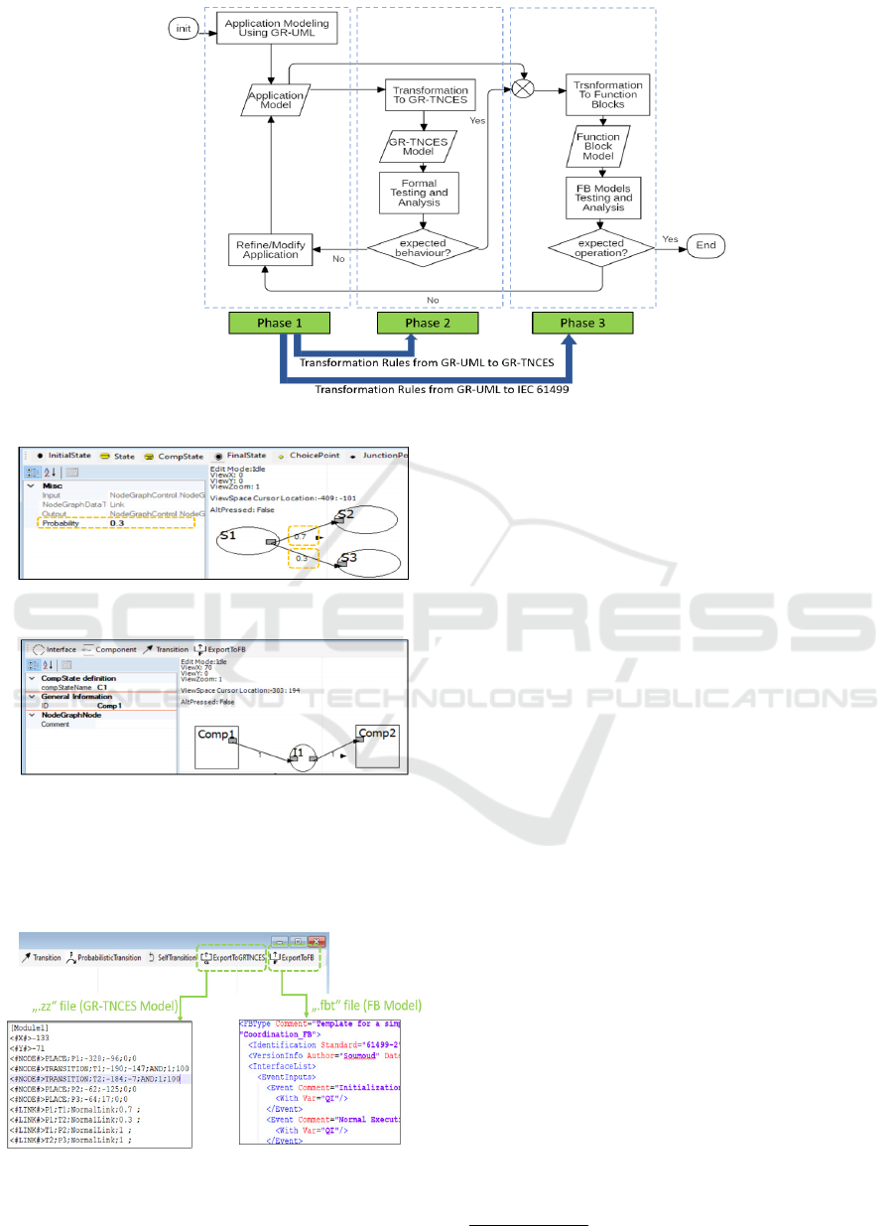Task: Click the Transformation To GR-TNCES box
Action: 425,95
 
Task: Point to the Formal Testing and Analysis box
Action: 420,192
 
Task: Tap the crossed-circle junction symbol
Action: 523,89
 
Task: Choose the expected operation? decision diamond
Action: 599,247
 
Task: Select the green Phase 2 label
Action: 423,323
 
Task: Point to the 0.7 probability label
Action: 300,537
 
